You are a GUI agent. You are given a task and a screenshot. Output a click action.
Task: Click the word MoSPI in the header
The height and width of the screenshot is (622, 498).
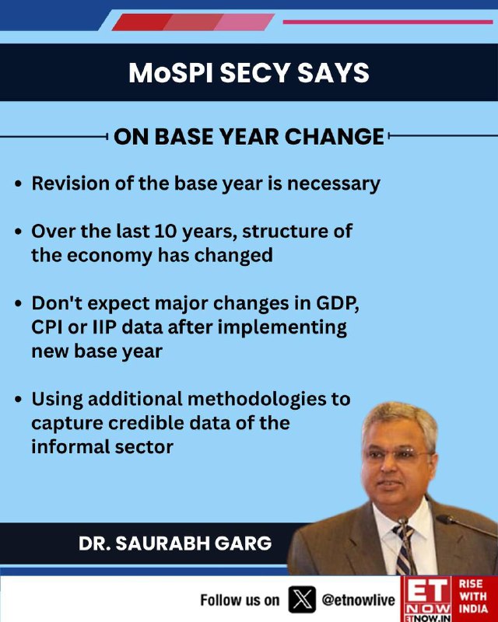point(170,72)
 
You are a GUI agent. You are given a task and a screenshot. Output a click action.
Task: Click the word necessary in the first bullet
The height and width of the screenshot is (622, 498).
point(334,184)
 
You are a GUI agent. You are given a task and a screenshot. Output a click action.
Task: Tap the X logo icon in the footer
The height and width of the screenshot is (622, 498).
point(302,599)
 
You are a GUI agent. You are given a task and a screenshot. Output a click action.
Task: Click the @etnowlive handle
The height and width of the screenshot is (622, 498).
point(358,599)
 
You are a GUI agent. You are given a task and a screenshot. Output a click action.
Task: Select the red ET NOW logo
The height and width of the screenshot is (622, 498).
point(427,599)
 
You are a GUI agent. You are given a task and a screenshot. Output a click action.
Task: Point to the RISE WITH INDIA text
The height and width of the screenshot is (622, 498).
point(473,596)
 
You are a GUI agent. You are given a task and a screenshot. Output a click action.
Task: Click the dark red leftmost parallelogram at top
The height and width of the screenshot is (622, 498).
point(142,23)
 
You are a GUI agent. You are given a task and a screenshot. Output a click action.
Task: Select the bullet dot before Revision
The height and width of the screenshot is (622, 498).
point(18,184)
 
